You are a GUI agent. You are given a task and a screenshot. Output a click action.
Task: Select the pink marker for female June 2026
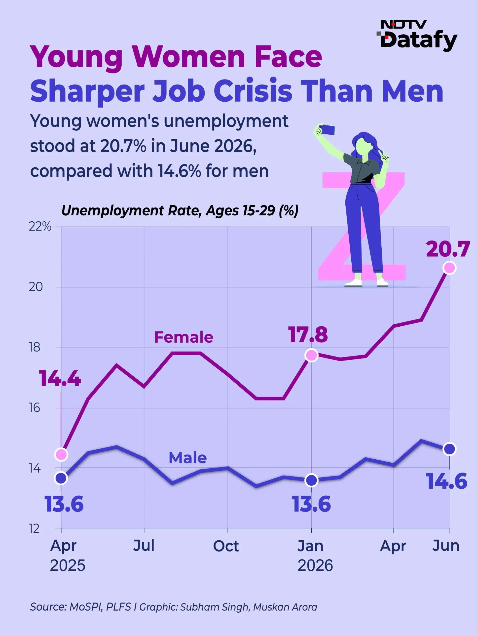449,268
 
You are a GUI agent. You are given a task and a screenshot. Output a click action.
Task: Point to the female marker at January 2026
311,355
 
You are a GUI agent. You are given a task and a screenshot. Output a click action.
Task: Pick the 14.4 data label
60,378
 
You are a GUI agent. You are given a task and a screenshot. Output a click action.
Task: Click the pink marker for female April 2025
61,455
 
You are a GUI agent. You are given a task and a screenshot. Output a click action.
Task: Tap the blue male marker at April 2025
61,478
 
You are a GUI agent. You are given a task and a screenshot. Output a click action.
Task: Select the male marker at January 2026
311,480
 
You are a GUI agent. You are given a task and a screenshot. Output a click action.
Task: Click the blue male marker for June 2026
449,449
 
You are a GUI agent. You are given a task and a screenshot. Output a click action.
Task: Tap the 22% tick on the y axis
40,227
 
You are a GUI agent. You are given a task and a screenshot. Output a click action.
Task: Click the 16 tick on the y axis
35,408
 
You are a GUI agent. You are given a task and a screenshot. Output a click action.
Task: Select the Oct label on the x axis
226,546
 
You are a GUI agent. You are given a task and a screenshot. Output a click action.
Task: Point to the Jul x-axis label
144,545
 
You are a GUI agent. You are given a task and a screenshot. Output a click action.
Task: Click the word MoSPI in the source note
86,607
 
